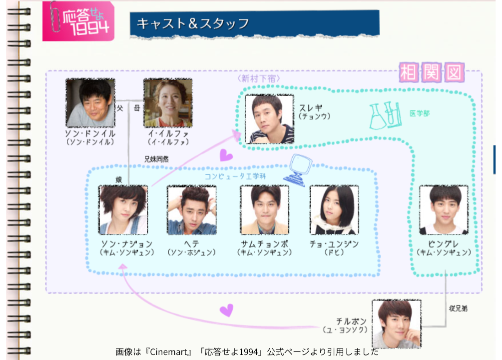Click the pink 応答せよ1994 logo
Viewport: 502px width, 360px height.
(78, 21)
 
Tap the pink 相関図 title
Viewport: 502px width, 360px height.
(432, 73)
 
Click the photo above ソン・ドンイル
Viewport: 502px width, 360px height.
(90, 102)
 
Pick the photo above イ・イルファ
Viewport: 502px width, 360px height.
(168, 102)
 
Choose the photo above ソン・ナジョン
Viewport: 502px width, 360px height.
(123, 210)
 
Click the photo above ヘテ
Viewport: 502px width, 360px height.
(192, 210)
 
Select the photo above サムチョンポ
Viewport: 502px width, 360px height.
(264, 210)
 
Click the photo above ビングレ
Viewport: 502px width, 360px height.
(444, 210)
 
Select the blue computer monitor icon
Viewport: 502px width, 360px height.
(298, 169)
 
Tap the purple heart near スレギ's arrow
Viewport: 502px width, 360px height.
(226, 156)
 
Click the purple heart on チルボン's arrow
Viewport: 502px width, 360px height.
(226, 310)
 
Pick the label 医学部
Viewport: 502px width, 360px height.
(419, 113)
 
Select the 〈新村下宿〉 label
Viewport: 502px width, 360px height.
(258, 78)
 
